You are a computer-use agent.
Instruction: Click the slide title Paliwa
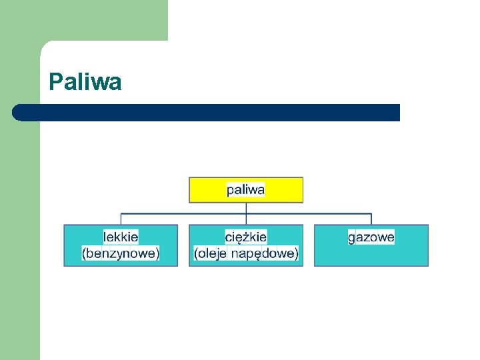click(85, 82)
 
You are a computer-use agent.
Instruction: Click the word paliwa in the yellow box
click(245, 190)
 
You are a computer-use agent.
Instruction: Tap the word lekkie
click(121, 237)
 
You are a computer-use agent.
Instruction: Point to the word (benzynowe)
click(121, 253)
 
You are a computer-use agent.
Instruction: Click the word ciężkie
click(246, 237)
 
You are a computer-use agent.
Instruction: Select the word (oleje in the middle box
click(210, 253)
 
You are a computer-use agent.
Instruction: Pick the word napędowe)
click(265, 253)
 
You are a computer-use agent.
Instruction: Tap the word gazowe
click(371, 237)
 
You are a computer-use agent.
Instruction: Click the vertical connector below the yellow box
click(246, 207)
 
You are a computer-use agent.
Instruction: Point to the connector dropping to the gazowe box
click(371, 219)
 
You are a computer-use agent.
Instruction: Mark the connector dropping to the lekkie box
click(121, 219)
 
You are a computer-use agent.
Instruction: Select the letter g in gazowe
click(351, 237)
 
